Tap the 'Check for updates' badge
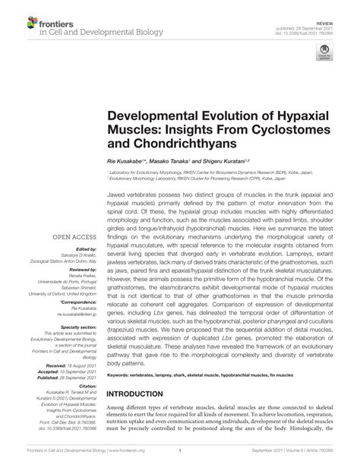324,52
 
